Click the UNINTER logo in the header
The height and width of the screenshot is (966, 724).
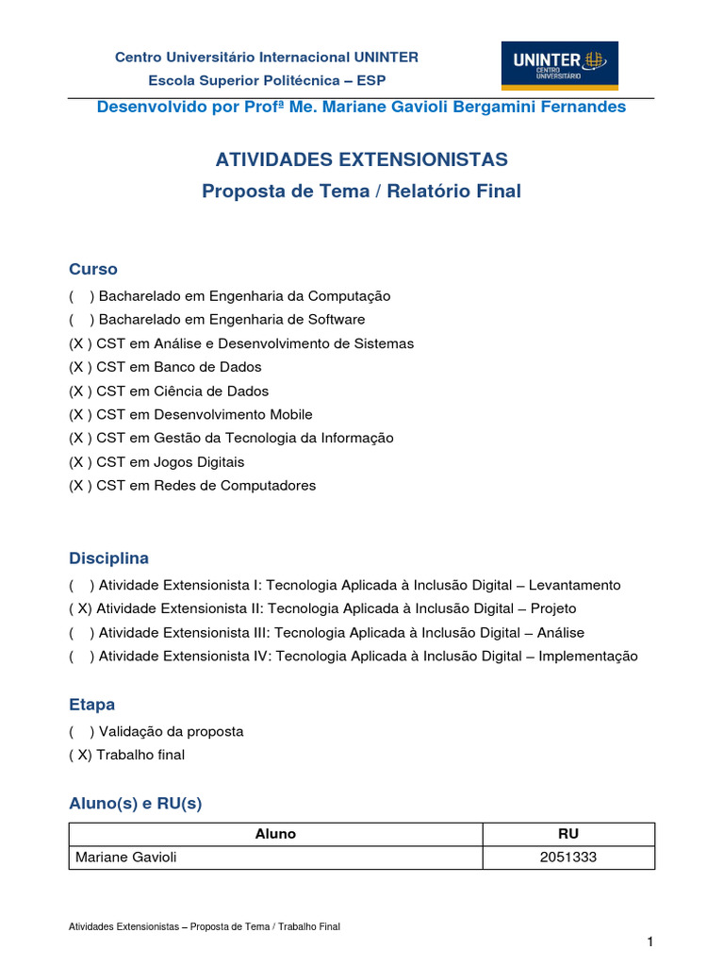[x=559, y=65]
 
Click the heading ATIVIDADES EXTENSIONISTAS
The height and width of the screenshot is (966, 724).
[x=362, y=158]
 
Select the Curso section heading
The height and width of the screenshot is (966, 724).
[x=93, y=269]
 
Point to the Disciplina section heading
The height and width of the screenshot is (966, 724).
[x=108, y=558]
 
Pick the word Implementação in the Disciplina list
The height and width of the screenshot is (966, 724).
[x=587, y=657]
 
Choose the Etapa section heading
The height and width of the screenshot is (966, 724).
[x=92, y=705]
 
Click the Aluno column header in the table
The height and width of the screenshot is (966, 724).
[x=275, y=834]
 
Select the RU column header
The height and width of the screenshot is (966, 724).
[x=568, y=834]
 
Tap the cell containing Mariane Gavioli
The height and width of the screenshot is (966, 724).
[x=124, y=858]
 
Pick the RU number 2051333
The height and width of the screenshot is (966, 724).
[x=568, y=858]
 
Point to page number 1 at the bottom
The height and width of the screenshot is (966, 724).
[x=650, y=942]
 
